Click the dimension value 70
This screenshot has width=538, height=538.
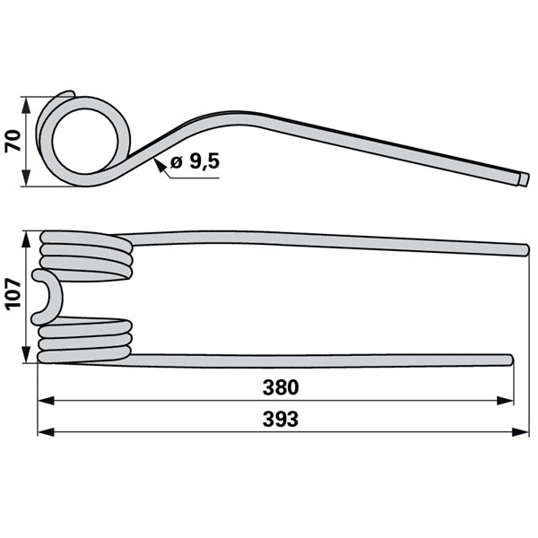click(x=13, y=141)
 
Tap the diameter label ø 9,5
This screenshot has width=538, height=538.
click(x=195, y=161)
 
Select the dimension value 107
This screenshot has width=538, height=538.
click(x=13, y=294)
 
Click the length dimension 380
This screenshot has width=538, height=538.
click(x=281, y=387)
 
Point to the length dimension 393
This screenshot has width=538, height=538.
click(x=281, y=420)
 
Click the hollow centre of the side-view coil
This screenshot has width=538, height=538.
click(x=85, y=142)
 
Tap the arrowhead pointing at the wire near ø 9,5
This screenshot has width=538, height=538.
click(x=160, y=164)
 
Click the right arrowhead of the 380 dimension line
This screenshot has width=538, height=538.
click(x=505, y=401)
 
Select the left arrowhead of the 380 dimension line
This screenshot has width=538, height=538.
click(x=46, y=401)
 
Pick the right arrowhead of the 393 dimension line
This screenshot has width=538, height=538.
click(x=520, y=432)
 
